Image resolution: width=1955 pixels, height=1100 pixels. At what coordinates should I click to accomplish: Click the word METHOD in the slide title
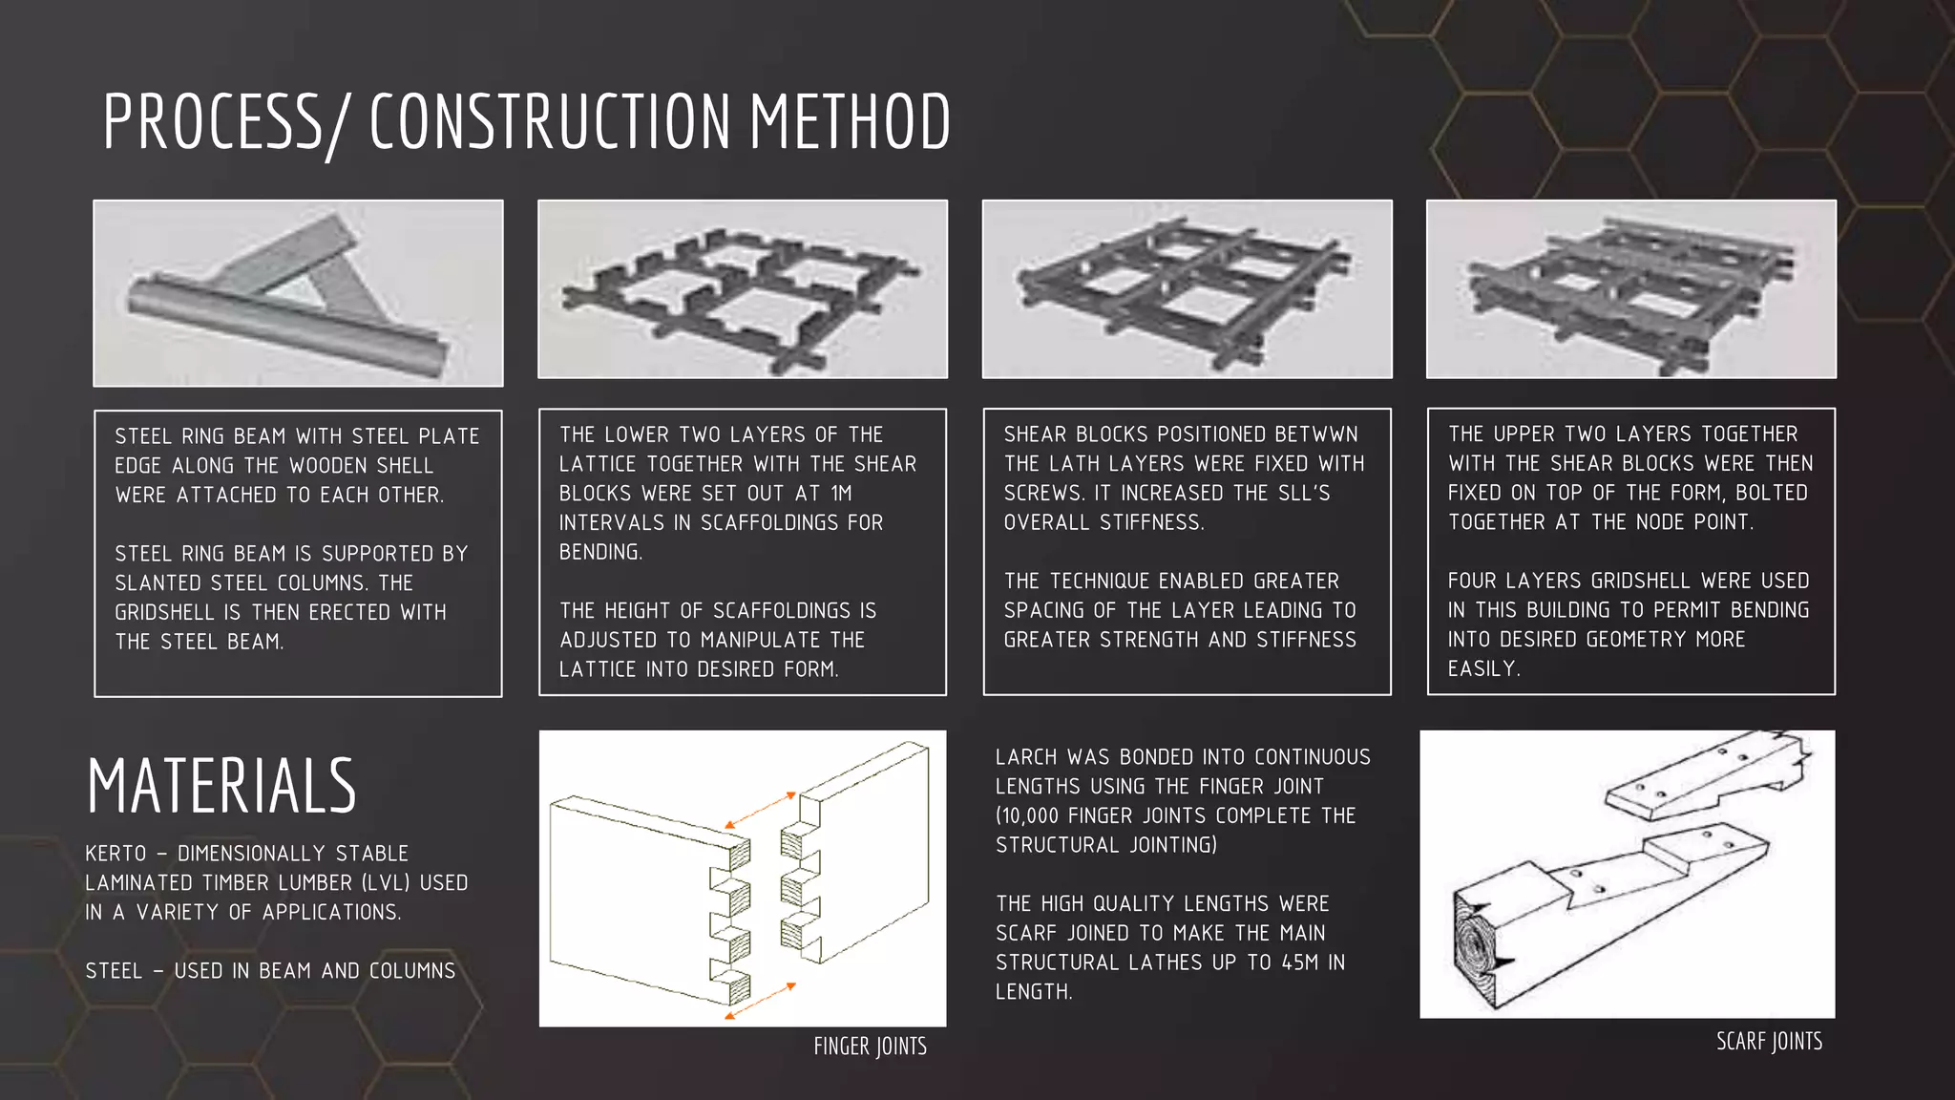[850, 122]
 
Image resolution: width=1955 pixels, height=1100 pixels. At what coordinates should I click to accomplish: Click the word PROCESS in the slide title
[212, 122]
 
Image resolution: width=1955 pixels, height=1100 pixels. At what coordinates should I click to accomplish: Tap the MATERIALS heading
[221, 786]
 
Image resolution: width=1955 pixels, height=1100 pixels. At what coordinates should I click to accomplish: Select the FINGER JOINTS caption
[870, 1047]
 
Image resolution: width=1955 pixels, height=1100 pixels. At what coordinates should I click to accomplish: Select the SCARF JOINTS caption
[1769, 1041]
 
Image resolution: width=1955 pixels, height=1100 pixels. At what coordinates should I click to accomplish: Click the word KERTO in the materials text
[116, 854]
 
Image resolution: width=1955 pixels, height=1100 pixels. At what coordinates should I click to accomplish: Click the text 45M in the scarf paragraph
[1301, 962]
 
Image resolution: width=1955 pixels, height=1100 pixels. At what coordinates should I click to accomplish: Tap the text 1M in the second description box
[840, 494]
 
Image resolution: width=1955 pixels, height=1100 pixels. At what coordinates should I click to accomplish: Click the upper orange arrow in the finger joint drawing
[760, 810]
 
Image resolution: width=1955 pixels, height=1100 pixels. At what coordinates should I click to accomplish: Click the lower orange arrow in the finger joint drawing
[760, 1001]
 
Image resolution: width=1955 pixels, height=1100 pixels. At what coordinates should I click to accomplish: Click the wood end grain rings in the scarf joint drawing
[1476, 949]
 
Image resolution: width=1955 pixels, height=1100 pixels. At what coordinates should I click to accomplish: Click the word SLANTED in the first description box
[158, 583]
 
